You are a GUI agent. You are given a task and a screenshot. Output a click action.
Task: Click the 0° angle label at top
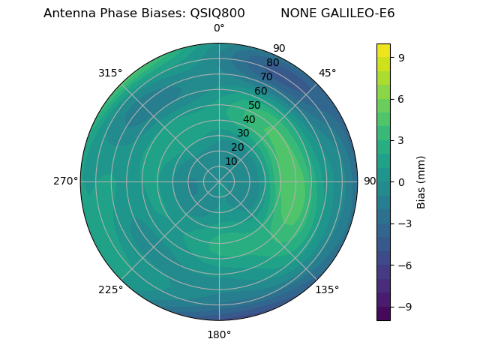tap(219, 28)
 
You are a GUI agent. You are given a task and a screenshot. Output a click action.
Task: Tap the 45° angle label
tap(327, 73)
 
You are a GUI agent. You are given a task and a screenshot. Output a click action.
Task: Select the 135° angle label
tap(327, 289)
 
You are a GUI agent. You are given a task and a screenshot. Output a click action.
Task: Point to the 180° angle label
tap(219, 334)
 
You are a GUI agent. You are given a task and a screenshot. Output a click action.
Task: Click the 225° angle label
tap(110, 289)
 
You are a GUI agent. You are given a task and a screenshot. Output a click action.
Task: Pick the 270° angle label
tap(65, 181)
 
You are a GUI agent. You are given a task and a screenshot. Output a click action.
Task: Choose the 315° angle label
tap(110, 73)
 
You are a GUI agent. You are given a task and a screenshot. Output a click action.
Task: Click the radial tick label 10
tap(231, 161)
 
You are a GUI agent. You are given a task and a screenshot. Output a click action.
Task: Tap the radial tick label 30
tap(243, 133)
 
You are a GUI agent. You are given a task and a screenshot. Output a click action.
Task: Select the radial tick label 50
tap(255, 106)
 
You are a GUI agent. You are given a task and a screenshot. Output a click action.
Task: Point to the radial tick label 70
tap(267, 77)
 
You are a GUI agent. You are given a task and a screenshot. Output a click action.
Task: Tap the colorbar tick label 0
tap(402, 181)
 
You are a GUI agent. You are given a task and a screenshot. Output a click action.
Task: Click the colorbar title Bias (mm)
tap(421, 181)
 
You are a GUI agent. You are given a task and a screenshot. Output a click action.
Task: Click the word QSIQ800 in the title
tap(213, 13)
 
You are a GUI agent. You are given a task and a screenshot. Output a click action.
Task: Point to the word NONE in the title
tap(298, 13)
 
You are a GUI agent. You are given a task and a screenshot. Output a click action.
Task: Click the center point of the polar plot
tap(219, 181)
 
